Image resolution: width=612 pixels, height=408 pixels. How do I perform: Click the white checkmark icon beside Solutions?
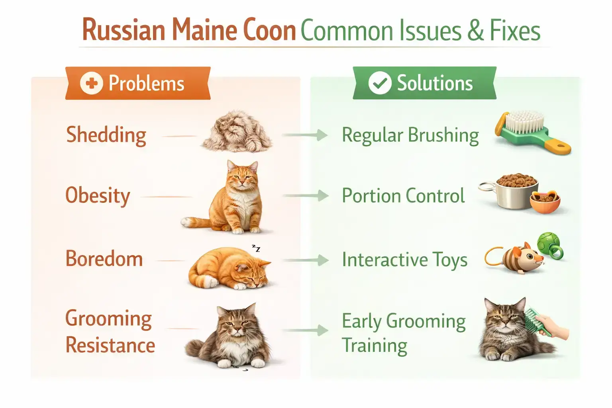379,83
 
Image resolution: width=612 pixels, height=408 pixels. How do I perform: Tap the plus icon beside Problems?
91,83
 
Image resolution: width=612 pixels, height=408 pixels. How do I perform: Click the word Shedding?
106,135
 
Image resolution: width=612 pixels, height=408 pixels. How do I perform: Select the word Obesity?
98,196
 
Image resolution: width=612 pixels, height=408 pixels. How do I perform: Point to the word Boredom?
104,259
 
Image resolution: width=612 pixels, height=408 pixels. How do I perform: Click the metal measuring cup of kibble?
514,191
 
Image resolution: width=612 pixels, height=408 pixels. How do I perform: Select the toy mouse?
518,259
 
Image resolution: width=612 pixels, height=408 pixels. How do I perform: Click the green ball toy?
549,244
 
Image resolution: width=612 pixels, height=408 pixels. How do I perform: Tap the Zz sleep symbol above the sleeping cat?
256,249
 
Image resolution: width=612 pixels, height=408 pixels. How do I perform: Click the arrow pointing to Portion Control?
305,196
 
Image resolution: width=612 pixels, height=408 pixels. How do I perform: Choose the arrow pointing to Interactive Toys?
305,261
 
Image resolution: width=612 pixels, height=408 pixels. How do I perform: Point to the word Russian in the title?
124,31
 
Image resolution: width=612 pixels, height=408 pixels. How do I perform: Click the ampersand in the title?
475,31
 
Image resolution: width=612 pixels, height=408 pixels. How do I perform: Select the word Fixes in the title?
515,31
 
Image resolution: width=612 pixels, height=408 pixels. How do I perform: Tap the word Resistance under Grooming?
110,345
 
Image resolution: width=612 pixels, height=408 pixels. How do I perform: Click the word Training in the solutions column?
375,346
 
